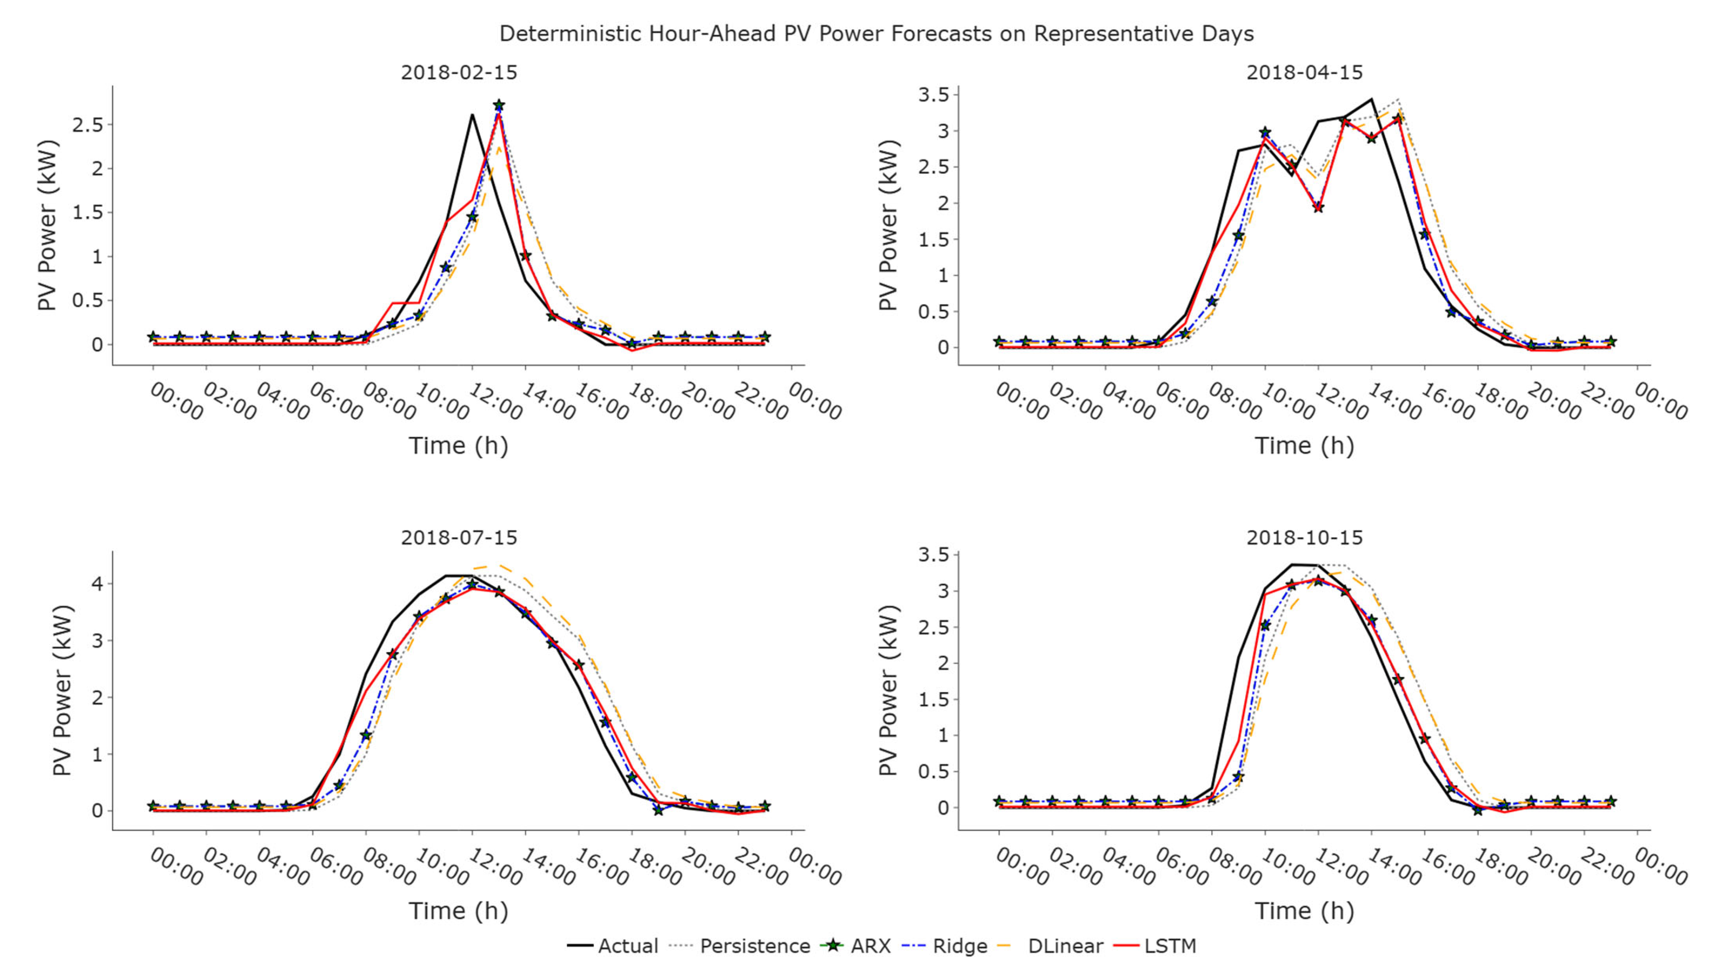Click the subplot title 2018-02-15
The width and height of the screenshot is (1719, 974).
click(459, 72)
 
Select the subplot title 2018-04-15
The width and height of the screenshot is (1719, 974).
click(1304, 72)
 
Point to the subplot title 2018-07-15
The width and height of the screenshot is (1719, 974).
click(459, 537)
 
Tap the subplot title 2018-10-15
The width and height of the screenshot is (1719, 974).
click(1304, 537)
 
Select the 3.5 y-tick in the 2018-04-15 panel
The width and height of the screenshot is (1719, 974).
click(934, 95)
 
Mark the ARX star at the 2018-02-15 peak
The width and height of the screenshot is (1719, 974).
click(499, 106)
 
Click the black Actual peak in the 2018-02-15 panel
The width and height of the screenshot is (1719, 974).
click(472, 114)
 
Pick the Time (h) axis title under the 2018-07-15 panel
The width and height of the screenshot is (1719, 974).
click(458, 911)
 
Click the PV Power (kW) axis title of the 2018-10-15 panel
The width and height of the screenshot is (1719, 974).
click(888, 690)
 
